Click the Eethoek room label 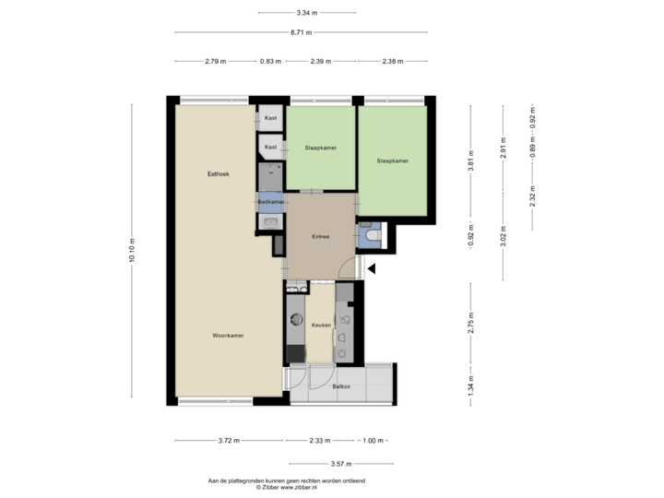tap(219, 173)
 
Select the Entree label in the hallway tap(320, 236)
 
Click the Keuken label tap(320, 325)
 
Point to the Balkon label tap(340, 386)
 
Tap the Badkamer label tap(270, 201)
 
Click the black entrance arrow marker tap(372, 269)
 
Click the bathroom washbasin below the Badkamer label tap(271, 221)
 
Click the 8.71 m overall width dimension tap(302, 32)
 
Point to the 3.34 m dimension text tap(307, 13)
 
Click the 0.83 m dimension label tap(270, 62)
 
